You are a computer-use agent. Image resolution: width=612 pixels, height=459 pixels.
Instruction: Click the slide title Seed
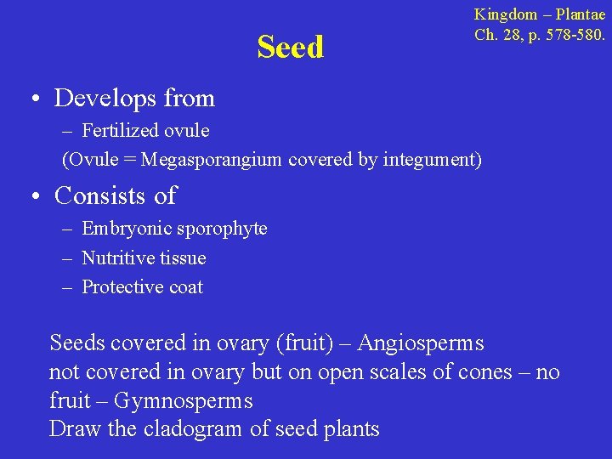click(x=291, y=48)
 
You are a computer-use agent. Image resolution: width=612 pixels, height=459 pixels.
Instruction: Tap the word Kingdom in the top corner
click(x=506, y=14)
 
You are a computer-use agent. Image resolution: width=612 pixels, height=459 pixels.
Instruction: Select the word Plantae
click(x=582, y=14)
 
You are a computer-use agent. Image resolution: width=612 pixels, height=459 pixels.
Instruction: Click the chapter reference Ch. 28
click(x=494, y=36)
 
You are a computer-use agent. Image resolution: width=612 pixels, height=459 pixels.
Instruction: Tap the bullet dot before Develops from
click(x=31, y=100)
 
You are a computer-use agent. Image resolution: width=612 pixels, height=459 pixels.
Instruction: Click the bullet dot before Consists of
click(x=31, y=197)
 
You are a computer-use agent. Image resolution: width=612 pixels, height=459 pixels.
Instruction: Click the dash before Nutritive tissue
click(x=67, y=258)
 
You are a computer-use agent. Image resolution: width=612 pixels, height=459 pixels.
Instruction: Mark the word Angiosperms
click(x=421, y=343)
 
